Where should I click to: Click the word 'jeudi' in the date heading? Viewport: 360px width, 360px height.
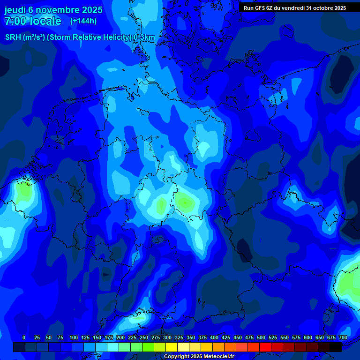(15, 10)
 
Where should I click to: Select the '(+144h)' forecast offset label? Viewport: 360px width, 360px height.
(83, 21)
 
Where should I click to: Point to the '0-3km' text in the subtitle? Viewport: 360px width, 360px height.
(144, 37)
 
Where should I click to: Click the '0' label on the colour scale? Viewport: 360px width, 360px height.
(24, 337)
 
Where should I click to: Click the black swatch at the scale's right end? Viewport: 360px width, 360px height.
(335, 347)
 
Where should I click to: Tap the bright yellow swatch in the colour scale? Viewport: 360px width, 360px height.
(171, 347)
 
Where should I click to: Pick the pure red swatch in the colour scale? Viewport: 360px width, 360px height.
(265, 347)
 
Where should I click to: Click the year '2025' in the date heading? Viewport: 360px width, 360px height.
(89, 10)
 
